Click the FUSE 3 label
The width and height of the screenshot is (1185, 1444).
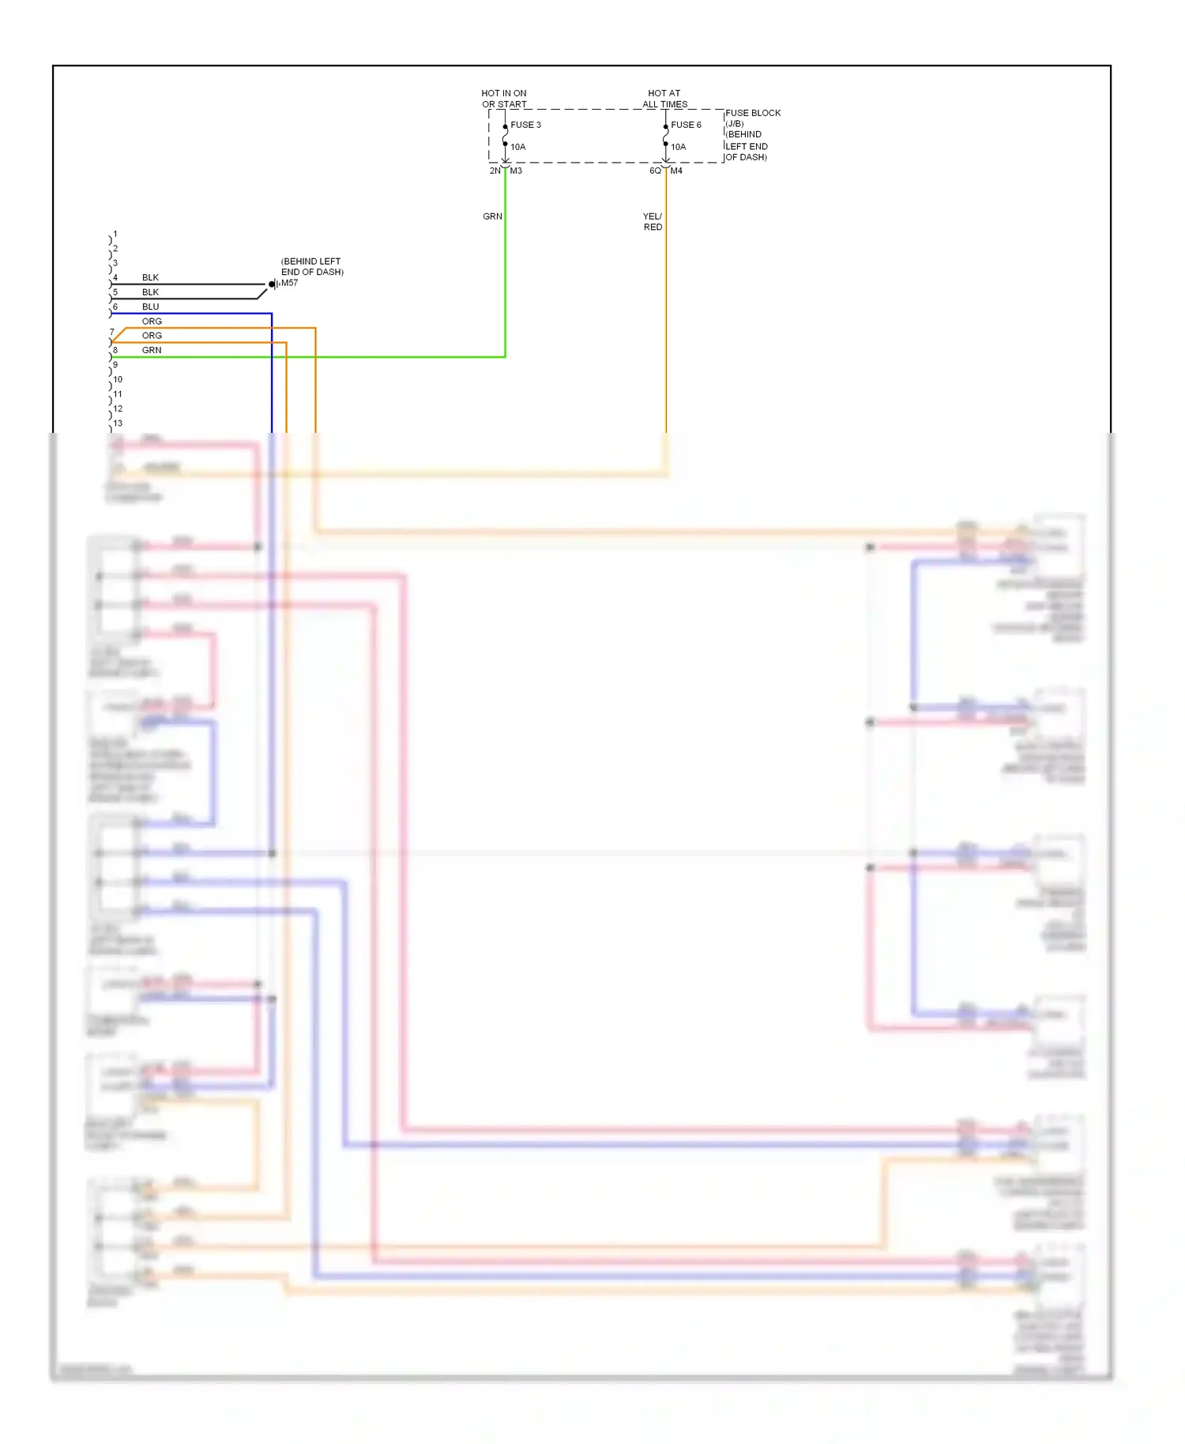click(x=525, y=125)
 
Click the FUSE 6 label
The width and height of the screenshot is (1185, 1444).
click(x=686, y=125)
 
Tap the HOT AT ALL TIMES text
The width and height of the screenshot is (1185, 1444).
click(x=664, y=99)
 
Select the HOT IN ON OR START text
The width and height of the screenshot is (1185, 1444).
click(x=504, y=99)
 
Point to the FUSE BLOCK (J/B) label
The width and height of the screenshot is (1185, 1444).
click(x=752, y=118)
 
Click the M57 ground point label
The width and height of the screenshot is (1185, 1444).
click(x=290, y=283)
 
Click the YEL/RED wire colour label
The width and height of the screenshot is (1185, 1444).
click(x=653, y=221)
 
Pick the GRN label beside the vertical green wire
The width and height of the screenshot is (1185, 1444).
click(x=492, y=216)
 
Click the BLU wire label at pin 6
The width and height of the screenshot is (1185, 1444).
click(x=150, y=306)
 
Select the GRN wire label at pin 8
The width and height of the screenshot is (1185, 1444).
click(x=152, y=350)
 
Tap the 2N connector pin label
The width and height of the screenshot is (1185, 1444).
click(x=495, y=171)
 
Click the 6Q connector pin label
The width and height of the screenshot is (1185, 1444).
click(x=655, y=171)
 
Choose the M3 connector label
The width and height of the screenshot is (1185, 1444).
click(x=516, y=171)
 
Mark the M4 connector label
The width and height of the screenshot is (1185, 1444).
click(x=676, y=171)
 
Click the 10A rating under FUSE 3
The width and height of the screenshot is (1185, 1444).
click(x=517, y=147)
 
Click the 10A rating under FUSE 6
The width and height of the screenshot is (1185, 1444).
click(x=678, y=147)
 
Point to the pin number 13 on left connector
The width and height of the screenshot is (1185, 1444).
click(x=118, y=423)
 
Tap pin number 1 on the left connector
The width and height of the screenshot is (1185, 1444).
click(x=115, y=234)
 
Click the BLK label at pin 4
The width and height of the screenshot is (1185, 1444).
click(x=150, y=277)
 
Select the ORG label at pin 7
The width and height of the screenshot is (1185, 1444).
click(x=152, y=335)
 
